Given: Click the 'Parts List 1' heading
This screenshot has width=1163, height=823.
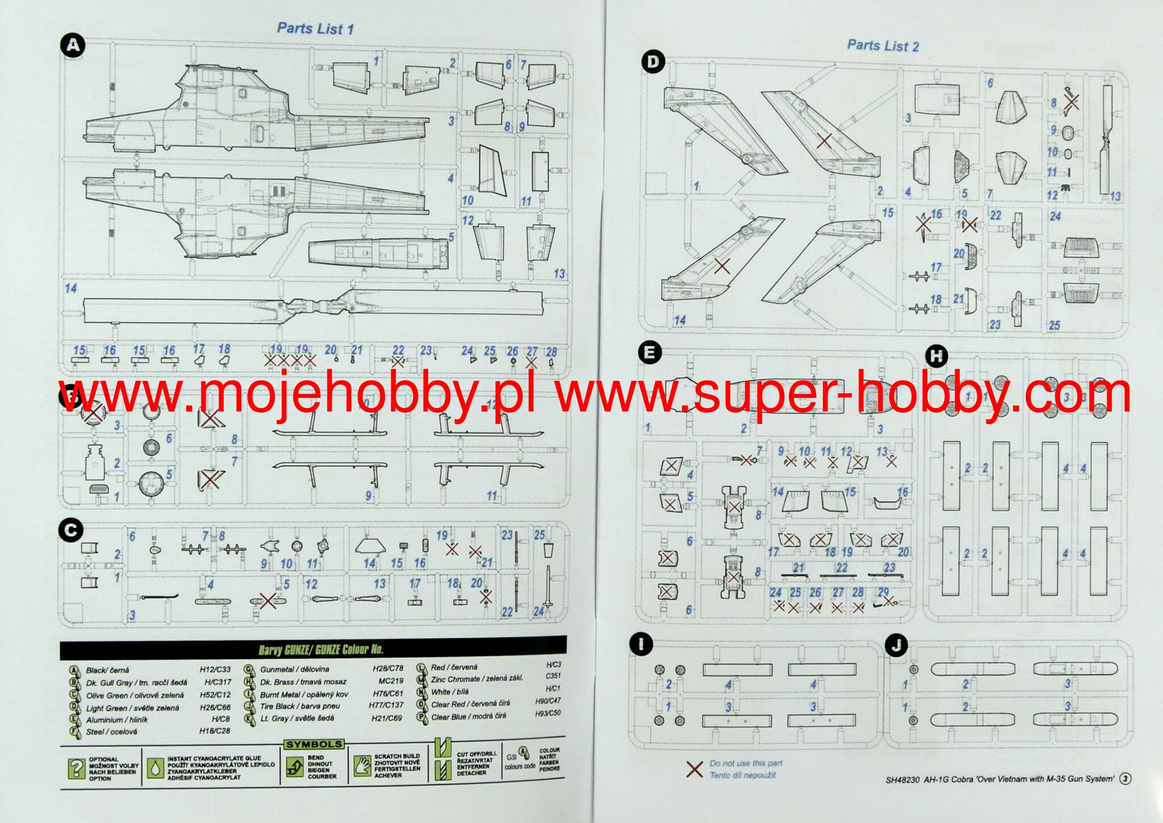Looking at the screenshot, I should (315, 28).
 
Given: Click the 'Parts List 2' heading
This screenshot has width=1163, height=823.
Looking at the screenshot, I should (883, 45).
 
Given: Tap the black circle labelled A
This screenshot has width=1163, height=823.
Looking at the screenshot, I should (73, 45).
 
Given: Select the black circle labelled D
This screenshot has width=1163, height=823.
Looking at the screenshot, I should (652, 62).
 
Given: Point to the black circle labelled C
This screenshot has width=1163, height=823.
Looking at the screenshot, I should (71, 531).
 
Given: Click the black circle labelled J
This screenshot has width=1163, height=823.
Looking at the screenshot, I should (896, 645).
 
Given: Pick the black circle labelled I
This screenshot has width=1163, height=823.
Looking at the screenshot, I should (641, 644).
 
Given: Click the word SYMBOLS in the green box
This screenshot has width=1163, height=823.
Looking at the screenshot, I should (313, 744).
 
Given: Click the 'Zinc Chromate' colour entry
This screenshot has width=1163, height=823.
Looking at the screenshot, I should (477, 679).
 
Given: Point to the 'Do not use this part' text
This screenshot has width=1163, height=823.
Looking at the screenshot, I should (746, 763).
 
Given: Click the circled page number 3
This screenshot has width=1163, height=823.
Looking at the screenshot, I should (1124, 779).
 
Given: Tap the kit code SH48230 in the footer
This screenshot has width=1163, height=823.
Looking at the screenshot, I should (902, 779).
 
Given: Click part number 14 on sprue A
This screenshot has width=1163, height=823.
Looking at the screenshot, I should (70, 288).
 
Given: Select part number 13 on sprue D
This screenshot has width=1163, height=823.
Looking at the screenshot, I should (1115, 196).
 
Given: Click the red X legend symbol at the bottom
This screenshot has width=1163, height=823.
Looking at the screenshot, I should (694, 770).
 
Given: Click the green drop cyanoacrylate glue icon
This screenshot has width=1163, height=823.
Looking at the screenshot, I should (154, 768).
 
